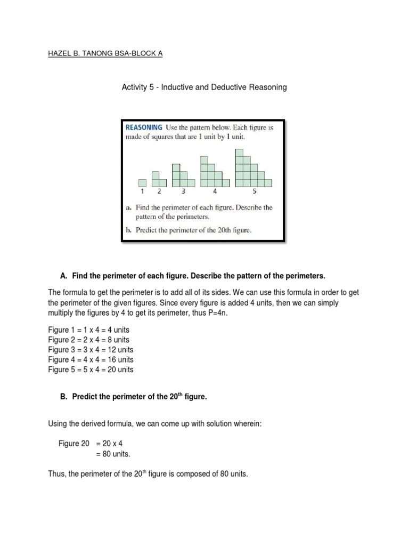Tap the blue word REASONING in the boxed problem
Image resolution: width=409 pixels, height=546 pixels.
pos(144,127)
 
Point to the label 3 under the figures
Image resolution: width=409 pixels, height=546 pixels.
pos(183,191)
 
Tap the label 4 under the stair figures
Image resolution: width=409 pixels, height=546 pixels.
pos(215,191)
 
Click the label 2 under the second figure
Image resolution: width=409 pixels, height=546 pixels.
pos(159,191)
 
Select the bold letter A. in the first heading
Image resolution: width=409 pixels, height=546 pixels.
pos(63,276)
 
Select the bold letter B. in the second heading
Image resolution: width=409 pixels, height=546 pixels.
pos(63,395)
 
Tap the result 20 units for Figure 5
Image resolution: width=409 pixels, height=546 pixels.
pos(120,370)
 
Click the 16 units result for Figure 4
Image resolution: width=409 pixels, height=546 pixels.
pos(120,360)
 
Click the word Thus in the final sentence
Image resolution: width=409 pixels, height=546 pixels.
pos(58,473)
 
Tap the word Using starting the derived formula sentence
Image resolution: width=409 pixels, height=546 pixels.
pos(58,424)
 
